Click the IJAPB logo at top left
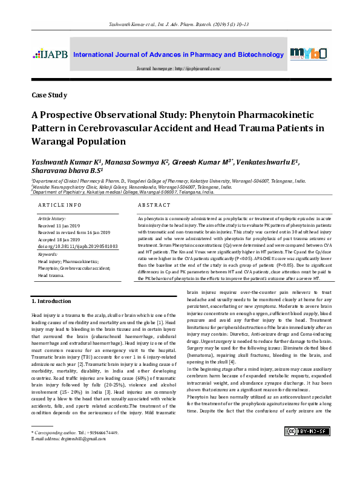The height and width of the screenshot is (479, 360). pyautogui.click(x=50, y=55)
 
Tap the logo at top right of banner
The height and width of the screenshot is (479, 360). pyautogui.click(x=309, y=54)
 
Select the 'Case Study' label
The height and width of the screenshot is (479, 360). pyautogui.click(x=50, y=96)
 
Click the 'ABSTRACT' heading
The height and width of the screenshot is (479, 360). pyautogui.click(x=155, y=206)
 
